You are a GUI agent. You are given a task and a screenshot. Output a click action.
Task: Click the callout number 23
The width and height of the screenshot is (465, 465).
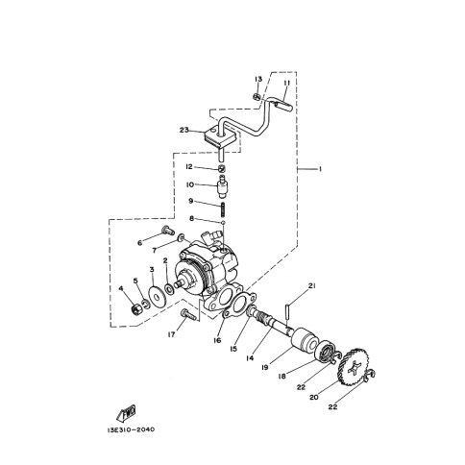(184, 131)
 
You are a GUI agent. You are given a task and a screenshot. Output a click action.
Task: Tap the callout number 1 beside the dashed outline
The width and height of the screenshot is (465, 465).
(319, 168)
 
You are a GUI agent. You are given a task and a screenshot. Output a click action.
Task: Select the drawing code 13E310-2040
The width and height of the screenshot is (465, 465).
(131, 429)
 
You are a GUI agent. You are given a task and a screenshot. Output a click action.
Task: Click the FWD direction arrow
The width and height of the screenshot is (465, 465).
(126, 413)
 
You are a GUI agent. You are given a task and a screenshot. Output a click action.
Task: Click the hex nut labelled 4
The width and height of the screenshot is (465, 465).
(135, 309)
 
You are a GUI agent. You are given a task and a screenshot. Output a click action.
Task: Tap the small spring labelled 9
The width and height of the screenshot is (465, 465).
(223, 209)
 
